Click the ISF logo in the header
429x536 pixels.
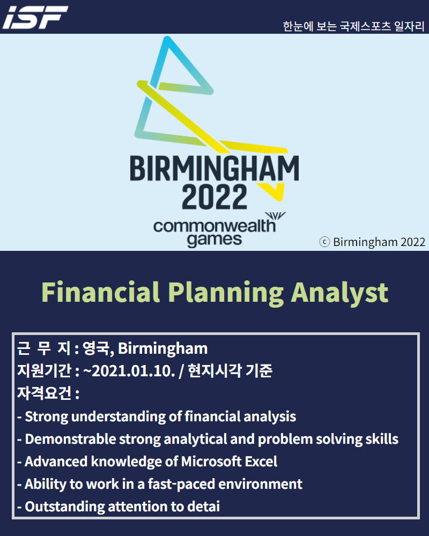click(35, 17)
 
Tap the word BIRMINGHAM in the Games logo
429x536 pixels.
click(214, 168)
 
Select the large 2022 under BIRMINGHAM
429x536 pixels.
click(214, 197)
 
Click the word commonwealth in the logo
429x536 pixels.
click(214, 226)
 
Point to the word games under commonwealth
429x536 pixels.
click(214, 240)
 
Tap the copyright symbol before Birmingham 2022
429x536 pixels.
click(324, 242)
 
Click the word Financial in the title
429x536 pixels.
click(101, 292)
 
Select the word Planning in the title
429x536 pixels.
click(226, 293)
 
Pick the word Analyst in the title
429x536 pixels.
click(339, 293)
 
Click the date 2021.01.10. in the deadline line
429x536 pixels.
click(134, 371)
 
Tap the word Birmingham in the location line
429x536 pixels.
click(163, 349)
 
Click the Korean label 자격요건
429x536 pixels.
click(44, 393)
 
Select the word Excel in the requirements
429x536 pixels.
click(261, 461)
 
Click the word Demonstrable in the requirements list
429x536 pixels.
click(70, 440)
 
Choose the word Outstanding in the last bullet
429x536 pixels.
click(65, 507)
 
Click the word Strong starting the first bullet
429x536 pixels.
click(47, 417)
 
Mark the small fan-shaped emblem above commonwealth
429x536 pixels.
click(275, 217)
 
